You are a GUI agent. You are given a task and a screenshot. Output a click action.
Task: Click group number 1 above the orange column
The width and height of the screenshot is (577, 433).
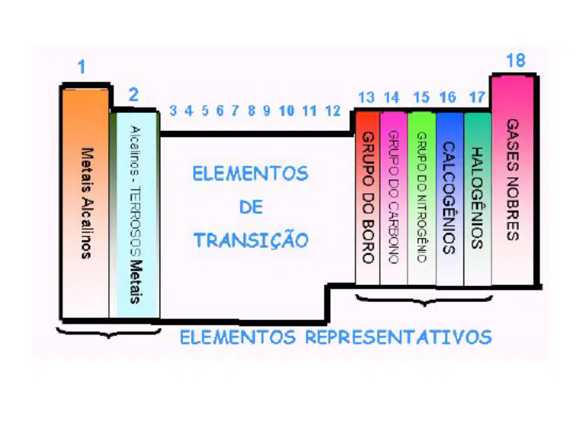81,67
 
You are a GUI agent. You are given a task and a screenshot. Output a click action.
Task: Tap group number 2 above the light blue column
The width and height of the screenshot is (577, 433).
134,95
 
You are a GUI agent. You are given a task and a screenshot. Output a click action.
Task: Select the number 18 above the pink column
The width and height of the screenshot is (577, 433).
516,60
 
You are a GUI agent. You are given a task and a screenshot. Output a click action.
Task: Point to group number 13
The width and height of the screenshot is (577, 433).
367,98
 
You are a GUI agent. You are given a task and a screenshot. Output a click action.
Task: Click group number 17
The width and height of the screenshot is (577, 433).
477,97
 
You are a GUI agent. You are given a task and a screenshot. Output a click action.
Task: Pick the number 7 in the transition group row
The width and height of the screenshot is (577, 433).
235,110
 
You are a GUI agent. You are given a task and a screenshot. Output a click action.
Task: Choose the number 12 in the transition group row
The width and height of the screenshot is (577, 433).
333,110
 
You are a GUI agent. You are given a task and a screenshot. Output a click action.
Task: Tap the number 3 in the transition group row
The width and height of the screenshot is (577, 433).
173,110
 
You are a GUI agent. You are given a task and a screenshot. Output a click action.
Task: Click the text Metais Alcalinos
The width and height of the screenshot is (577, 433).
86,203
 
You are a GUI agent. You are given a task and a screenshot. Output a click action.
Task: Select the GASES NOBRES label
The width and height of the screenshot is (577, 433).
513,180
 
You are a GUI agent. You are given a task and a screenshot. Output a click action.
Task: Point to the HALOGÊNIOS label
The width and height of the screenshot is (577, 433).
477,198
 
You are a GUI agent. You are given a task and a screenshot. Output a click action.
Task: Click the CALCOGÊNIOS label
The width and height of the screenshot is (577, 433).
449,198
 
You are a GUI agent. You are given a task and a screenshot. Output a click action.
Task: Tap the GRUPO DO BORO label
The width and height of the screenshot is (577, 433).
369,197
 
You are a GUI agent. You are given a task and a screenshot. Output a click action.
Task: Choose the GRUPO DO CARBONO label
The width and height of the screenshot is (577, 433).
394,197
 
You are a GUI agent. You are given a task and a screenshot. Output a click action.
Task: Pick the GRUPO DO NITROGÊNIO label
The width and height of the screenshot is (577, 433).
421,197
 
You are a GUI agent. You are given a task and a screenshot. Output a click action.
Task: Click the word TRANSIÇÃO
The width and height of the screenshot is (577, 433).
251,240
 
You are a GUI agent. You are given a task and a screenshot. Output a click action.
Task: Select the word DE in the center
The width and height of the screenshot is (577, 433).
251,207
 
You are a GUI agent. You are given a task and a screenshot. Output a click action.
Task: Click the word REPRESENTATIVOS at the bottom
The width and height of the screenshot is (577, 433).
399,337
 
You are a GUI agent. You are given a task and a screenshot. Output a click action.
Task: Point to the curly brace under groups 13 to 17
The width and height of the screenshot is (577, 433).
424,300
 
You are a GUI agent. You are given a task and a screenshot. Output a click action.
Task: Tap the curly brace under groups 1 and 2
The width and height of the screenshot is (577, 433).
109,333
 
